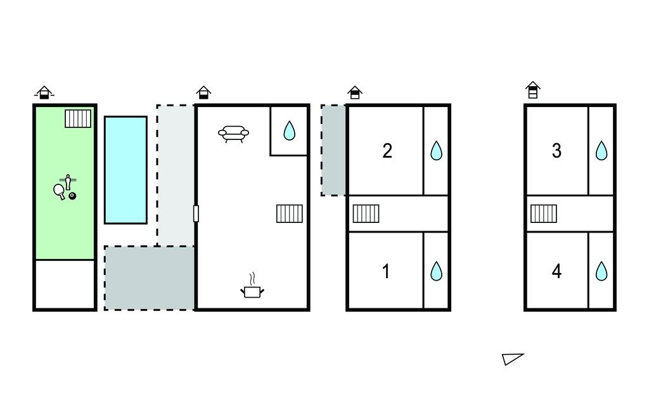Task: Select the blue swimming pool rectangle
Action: [x=126, y=170]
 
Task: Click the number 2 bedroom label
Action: [x=387, y=151]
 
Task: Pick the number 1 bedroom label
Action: [x=386, y=272]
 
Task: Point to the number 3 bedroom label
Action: [x=556, y=151]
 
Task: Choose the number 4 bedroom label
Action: [x=556, y=272]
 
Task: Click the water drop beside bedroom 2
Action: [x=436, y=151]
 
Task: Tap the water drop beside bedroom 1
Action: [x=436, y=271]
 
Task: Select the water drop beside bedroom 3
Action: [x=601, y=151]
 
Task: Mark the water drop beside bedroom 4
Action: [x=601, y=271]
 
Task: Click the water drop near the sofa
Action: [x=289, y=130]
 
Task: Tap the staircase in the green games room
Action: [x=78, y=118]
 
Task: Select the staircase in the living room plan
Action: [x=289, y=214]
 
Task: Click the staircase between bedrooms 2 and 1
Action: [x=366, y=214]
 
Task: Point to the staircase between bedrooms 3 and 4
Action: [x=543, y=214]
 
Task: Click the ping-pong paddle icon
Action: [x=59, y=191]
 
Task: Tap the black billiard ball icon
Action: [x=72, y=196]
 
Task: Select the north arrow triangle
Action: [x=512, y=359]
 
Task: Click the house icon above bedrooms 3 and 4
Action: [x=533, y=90]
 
